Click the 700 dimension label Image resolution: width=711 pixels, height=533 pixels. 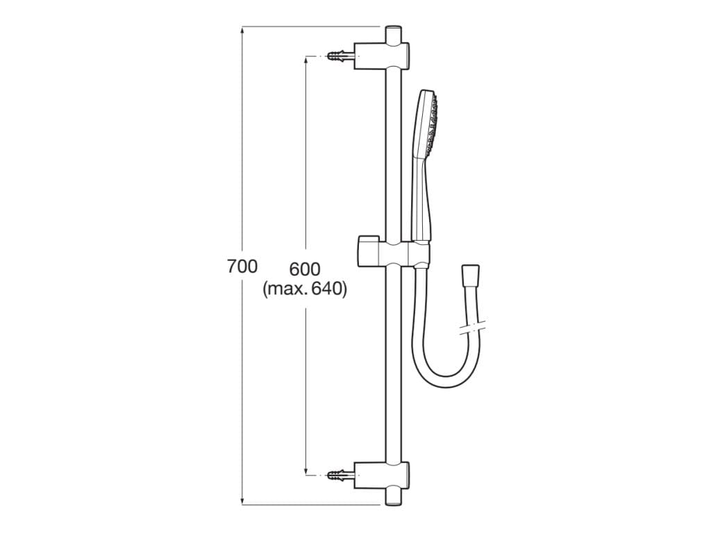[242, 266]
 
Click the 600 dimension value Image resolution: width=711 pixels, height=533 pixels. [305, 269]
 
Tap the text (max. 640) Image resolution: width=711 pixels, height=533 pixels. [305, 289]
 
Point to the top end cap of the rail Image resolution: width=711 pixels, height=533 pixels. [394, 35]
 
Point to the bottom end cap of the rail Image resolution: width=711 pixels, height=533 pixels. [394, 497]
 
